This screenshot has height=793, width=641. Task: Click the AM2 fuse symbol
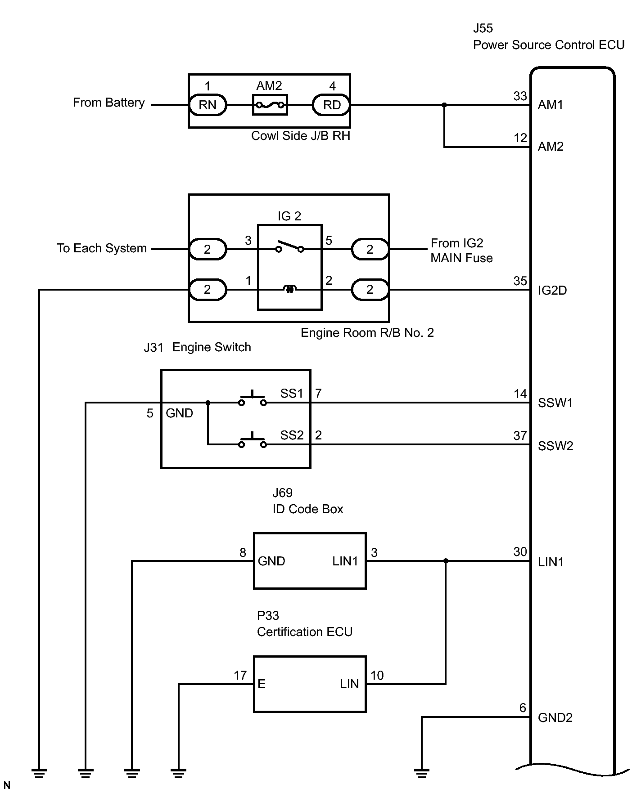270,105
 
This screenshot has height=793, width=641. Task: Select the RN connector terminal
208,105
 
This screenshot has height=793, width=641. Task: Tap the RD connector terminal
332,105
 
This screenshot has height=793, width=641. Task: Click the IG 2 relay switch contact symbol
290,246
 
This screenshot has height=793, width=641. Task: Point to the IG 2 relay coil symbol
290,289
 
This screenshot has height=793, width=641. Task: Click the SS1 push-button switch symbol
252,399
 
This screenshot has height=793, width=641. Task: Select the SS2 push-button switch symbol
252,441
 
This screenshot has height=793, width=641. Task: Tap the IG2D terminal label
552,291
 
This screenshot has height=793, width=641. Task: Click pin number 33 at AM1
520,96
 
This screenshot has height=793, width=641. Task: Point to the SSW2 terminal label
555,446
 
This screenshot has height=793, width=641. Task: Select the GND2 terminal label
555,718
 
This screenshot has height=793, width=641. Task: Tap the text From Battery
109,103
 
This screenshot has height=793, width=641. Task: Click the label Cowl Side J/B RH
300,136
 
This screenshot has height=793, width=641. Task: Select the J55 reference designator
483,28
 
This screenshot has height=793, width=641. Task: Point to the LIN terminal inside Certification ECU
349,684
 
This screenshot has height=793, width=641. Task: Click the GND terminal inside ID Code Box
271,561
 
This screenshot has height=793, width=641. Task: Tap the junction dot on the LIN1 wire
446,561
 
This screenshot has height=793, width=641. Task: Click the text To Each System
102,249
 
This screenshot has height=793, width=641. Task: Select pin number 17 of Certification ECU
240,676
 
